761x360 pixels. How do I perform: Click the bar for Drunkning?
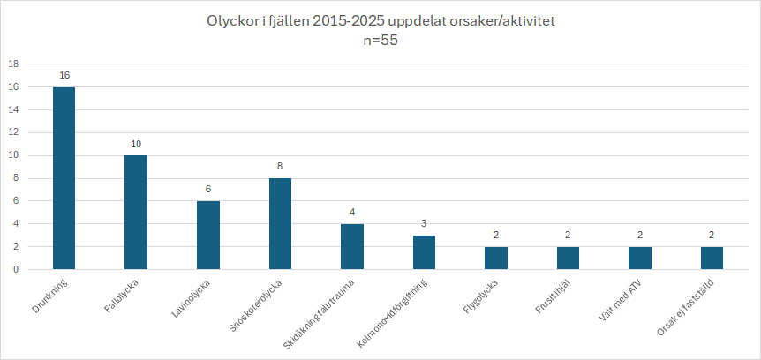coord(64,178)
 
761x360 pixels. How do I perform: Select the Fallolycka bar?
coord(136,213)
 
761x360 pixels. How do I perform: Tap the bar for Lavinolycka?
coord(207,236)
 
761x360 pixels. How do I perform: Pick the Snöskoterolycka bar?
coord(280,224)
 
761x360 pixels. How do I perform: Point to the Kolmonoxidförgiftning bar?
coord(424,252)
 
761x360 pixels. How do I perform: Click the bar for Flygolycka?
coord(496,259)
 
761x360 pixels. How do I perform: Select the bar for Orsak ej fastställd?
coord(712,259)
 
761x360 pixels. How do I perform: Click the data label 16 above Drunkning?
coord(64,75)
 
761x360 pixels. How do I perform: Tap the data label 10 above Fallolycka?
coord(136,144)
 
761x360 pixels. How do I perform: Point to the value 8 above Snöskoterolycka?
coord(280,167)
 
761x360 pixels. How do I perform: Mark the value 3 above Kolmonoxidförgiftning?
coord(424,224)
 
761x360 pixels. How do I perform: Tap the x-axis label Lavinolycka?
coord(192,299)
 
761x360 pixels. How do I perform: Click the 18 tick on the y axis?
coord(14,64)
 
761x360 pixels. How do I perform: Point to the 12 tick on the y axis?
coord(14,132)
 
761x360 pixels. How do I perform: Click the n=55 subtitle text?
coord(380,40)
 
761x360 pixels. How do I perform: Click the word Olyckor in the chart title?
coord(230,19)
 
